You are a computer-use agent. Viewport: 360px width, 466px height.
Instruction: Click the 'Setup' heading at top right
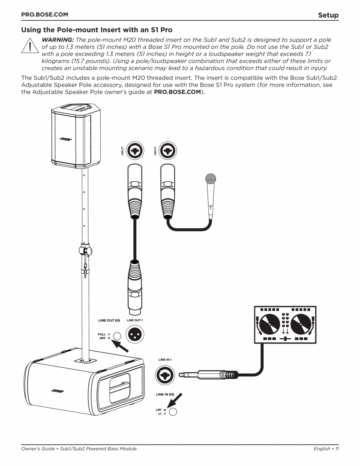click(328, 15)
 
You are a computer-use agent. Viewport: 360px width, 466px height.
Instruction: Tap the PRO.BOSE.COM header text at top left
click(44, 15)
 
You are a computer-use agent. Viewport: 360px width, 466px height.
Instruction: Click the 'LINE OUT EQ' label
click(109, 320)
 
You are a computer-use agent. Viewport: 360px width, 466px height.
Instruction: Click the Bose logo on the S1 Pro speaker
click(65, 139)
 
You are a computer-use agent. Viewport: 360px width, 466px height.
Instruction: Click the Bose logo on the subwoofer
click(58, 391)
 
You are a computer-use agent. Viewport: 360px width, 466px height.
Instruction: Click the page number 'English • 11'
click(326, 449)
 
